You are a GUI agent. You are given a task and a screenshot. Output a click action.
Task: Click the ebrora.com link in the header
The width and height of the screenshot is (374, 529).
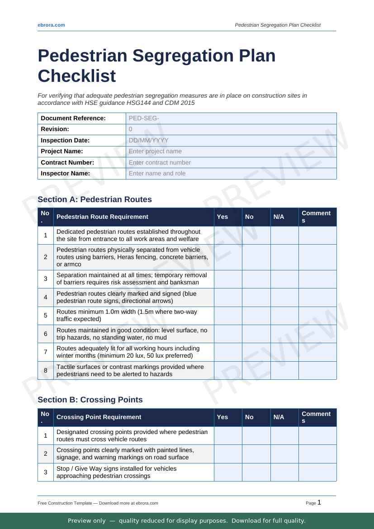point(51,25)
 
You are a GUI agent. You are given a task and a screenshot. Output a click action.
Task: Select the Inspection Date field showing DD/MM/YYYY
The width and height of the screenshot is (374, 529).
point(231,140)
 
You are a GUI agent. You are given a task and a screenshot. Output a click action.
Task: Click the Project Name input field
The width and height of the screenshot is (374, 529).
point(231,151)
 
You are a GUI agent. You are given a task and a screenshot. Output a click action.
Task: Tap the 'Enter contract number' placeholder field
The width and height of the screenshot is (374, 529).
point(231,162)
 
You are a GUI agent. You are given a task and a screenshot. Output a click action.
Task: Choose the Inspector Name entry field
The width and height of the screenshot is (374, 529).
point(231,173)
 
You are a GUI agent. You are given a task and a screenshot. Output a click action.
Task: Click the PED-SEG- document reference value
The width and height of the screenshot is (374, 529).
point(231,118)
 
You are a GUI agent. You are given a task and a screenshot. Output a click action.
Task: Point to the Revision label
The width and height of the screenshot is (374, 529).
point(55,129)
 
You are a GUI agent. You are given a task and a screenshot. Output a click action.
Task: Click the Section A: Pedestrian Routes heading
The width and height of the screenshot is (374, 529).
point(95,199)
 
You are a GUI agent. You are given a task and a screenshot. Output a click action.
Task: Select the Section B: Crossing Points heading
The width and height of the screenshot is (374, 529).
point(90,400)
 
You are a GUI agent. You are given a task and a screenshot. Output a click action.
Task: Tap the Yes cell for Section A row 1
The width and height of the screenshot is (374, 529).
point(228,235)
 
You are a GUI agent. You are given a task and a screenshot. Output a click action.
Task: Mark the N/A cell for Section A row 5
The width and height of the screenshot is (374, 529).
point(284,316)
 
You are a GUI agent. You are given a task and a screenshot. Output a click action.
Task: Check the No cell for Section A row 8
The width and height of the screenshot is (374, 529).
point(256,370)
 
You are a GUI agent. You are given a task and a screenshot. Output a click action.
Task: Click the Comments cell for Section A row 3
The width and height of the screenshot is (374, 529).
point(317,279)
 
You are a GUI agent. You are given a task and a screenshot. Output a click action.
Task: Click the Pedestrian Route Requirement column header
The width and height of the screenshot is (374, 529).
point(102,217)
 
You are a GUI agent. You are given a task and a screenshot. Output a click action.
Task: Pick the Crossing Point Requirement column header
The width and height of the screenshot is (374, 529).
point(99,417)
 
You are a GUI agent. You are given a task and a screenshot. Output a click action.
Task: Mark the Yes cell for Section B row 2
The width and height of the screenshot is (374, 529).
point(228,454)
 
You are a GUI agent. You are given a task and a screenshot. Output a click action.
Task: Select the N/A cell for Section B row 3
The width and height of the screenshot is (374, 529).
point(284,472)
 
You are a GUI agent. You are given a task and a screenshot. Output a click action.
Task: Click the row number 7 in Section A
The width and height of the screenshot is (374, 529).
point(46,352)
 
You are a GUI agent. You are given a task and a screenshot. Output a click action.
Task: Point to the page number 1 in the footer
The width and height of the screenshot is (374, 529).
point(319,502)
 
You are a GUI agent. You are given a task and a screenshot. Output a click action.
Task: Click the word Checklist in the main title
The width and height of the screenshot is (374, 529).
point(77,76)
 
